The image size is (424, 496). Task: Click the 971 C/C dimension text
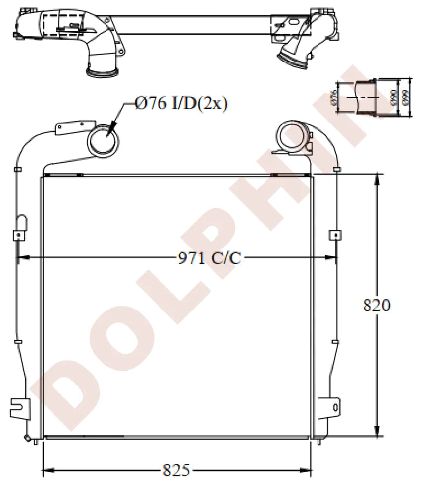point(209,258)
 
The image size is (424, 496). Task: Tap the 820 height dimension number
point(377,305)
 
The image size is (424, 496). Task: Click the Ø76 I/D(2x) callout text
point(181,103)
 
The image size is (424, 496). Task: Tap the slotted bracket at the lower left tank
point(20,407)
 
